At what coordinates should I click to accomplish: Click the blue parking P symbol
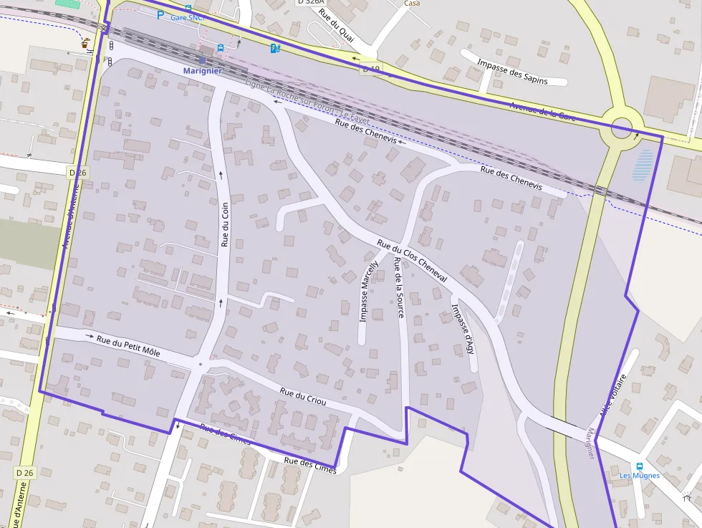click(x=160, y=14)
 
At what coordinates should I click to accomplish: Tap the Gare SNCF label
click(x=188, y=17)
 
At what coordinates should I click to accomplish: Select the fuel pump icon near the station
click(x=274, y=48)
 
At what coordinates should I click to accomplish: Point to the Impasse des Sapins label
click(x=512, y=72)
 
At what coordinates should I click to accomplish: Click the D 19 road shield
click(x=371, y=69)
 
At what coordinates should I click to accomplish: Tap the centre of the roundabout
click(x=620, y=130)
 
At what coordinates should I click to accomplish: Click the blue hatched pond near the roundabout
click(x=644, y=165)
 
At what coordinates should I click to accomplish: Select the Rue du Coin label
click(x=225, y=224)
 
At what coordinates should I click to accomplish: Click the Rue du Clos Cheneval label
click(x=412, y=260)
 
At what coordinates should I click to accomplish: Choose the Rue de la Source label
click(x=398, y=287)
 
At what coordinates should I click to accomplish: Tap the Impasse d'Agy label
click(x=462, y=328)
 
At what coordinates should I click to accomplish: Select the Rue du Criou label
click(x=303, y=397)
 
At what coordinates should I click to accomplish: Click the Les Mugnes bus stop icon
click(x=639, y=465)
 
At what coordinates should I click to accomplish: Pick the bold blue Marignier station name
click(x=202, y=71)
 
